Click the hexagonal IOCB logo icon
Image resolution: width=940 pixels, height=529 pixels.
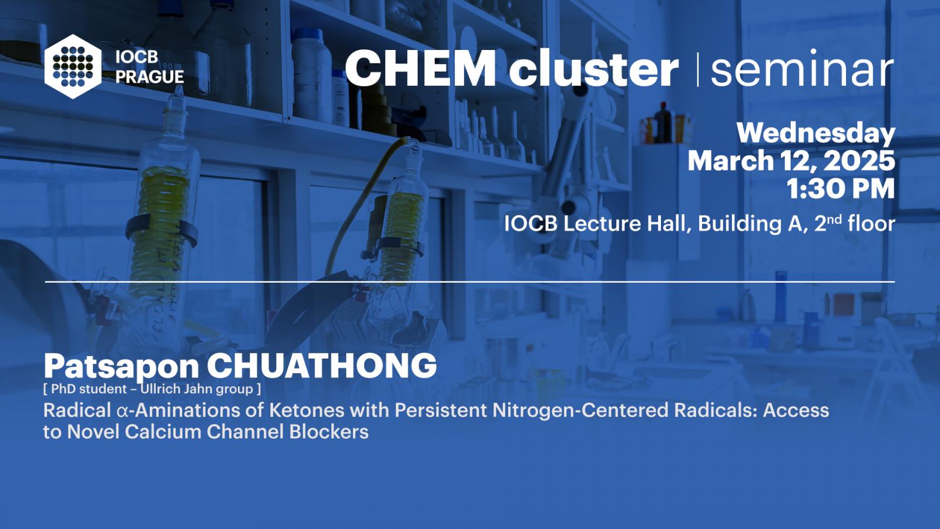click(x=73, y=66)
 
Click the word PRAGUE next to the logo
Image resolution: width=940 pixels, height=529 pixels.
click(x=150, y=77)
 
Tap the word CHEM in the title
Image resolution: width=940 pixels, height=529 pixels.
click(x=420, y=68)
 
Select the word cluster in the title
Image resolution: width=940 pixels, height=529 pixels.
click(x=594, y=68)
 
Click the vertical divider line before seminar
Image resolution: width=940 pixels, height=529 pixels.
click(x=698, y=69)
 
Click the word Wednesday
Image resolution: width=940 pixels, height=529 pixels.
click(x=816, y=134)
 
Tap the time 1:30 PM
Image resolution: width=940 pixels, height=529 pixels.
click(x=841, y=189)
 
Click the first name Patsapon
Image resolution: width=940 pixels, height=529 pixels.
click(x=121, y=367)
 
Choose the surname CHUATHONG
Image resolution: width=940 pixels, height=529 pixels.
click(x=322, y=366)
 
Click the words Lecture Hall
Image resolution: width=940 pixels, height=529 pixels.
click(x=626, y=224)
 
